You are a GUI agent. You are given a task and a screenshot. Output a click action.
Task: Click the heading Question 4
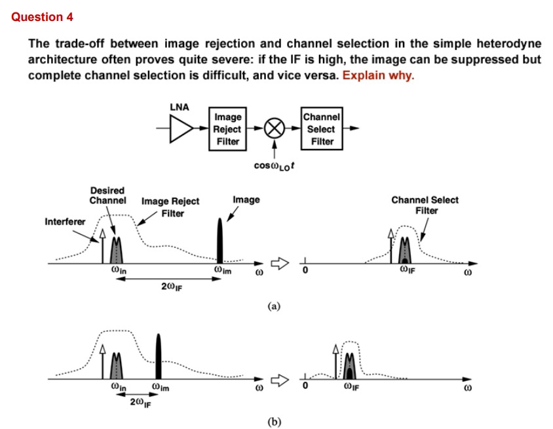(x=42, y=17)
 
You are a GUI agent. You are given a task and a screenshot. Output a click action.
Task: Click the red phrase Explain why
(x=378, y=75)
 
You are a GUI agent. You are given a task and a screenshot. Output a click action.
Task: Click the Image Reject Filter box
(x=227, y=129)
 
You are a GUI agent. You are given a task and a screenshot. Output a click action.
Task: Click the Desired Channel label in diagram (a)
(x=107, y=195)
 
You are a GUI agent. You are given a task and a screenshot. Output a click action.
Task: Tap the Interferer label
(x=65, y=222)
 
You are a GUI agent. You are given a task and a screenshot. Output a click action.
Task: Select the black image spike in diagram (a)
(x=219, y=241)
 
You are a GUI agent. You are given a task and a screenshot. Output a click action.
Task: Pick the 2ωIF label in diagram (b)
(x=138, y=401)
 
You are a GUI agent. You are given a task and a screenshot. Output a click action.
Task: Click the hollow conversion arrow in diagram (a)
(x=279, y=264)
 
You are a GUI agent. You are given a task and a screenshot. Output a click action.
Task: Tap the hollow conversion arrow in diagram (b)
(x=279, y=378)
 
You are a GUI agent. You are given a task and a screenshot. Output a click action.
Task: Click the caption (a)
(x=275, y=306)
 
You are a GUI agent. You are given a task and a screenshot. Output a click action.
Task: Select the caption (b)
(x=275, y=421)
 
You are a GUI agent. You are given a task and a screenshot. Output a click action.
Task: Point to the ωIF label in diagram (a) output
(x=409, y=270)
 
